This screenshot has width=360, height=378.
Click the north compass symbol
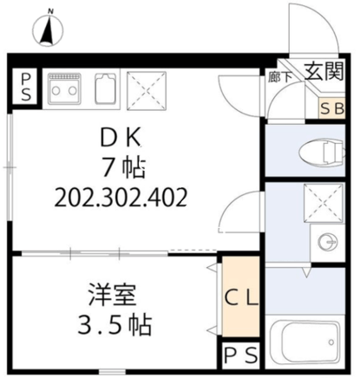coord(49,29)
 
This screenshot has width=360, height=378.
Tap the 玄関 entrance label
coord(324,71)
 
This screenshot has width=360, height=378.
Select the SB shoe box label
coord(332,109)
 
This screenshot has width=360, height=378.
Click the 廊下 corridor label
coord(279,77)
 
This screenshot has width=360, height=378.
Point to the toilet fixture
coord(322,152)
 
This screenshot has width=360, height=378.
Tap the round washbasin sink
coord(327,241)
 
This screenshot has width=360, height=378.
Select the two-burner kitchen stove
coord(64,88)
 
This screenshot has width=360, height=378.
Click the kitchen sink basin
coord(107,88)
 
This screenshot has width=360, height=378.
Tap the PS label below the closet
coord(241,355)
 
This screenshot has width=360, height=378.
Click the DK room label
coord(121,138)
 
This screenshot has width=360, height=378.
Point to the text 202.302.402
coord(121,198)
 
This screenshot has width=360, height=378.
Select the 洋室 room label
coord(113,295)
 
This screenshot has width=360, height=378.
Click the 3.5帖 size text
coord(115,325)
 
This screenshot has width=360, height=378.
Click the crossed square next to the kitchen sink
coord(147,91)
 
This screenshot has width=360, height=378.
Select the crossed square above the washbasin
coord(323,203)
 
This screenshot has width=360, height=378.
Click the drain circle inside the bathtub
coord(331,342)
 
